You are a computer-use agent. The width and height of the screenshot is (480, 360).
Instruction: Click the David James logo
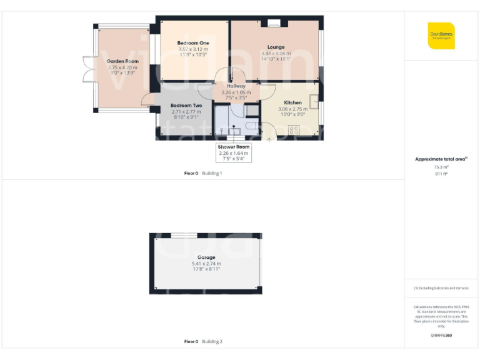click(x=441, y=35)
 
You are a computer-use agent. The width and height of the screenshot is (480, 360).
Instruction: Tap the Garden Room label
click(x=122, y=61)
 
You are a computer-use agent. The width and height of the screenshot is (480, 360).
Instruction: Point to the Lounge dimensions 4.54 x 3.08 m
click(x=276, y=54)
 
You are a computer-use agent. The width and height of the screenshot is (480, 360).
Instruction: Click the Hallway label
click(x=236, y=86)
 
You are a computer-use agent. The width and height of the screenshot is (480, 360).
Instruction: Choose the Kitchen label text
click(x=293, y=102)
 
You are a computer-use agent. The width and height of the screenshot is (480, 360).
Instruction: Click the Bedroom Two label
click(x=186, y=106)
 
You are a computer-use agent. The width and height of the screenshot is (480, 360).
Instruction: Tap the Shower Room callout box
click(x=233, y=152)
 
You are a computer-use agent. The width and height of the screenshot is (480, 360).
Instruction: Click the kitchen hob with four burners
click(x=294, y=130)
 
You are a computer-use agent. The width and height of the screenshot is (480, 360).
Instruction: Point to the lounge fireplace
click(x=274, y=24)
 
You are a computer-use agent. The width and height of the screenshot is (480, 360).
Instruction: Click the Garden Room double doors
click(x=89, y=70)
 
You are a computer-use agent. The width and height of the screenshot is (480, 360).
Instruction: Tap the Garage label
click(x=206, y=257)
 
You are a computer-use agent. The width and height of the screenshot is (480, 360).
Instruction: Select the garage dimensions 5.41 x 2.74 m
click(x=206, y=264)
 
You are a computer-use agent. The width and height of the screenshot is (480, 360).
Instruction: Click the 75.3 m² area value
click(x=441, y=167)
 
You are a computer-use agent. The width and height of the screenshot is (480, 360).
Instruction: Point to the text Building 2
click(x=212, y=342)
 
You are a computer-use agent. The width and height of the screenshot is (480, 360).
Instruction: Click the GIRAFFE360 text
click(x=441, y=336)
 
